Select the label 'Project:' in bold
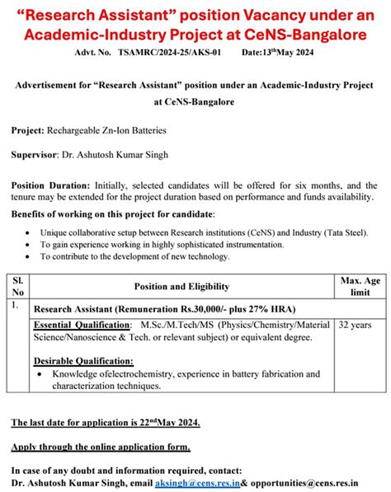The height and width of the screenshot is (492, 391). click(x=30, y=130)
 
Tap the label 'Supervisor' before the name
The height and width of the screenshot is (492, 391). click(x=34, y=154)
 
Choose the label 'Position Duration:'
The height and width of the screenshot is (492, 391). click(x=51, y=185)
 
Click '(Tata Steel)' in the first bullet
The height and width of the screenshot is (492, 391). click(x=342, y=232)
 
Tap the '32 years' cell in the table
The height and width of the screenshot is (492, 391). click(x=356, y=326)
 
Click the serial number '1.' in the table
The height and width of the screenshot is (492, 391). click(x=16, y=306)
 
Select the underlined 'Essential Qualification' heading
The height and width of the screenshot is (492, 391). click(x=82, y=325)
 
